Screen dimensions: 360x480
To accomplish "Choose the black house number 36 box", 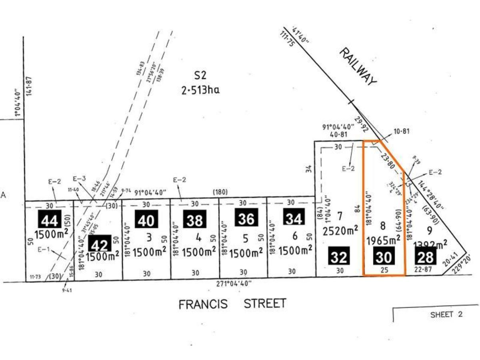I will pos(246,219).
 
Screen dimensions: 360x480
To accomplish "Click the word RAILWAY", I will pos(359,66).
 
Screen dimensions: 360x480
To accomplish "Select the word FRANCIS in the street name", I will pos(203,304).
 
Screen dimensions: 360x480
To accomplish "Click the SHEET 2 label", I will pos(446,314).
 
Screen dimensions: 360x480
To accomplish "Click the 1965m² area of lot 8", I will pos(384,240).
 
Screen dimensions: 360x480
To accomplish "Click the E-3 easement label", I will pos(79,179).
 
